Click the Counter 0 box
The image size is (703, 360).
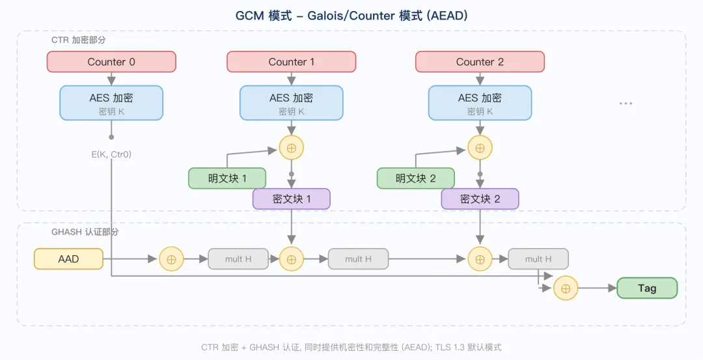[x=111, y=62]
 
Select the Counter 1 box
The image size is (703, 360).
[x=292, y=62]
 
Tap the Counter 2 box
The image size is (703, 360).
[x=480, y=62]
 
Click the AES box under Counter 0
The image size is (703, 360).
[x=111, y=103]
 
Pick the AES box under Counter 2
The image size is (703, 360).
[x=480, y=103]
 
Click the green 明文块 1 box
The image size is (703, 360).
[x=227, y=178]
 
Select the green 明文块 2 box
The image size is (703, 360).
[x=415, y=178]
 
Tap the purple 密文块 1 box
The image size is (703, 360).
[x=292, y=199]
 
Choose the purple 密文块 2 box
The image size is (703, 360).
[x=480, y=199]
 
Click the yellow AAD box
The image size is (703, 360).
[x=68, y=259]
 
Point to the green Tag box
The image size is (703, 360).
[x=647, y=288]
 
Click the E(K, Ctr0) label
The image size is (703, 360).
[x=111, y=155]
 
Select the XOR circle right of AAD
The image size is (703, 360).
[x=171, y=259]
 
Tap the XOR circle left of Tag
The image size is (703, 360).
[x=566, y=288]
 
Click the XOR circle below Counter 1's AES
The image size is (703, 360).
[x=292, y=148]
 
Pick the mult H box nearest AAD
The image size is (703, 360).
[x=238, y=259]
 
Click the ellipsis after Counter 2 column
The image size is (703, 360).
[x=626, y=103]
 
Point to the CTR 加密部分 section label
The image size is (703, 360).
[x=79, y=40]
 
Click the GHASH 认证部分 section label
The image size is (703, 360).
[x=85, y=232]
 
